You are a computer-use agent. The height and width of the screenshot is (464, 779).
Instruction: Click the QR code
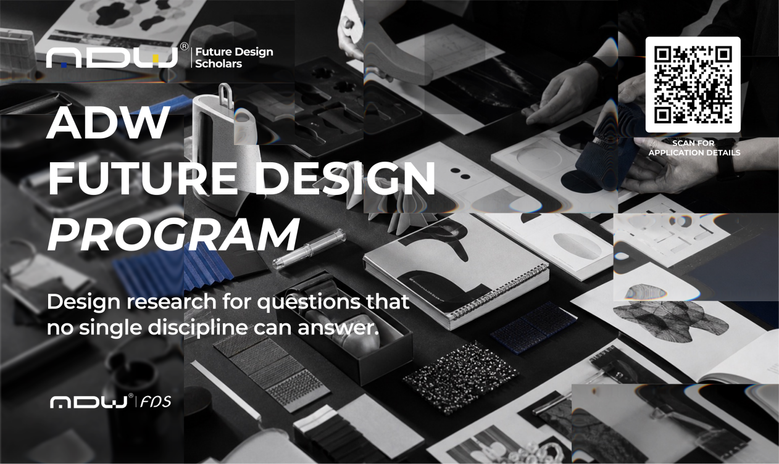point(693,85)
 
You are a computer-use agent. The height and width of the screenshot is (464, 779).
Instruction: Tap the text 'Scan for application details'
point(694,147)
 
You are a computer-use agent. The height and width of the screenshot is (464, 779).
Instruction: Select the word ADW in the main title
point(109,122)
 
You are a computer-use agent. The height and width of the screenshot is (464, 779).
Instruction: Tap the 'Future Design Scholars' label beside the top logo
point(234,58)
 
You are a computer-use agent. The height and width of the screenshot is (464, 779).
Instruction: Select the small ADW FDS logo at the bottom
point(110,402)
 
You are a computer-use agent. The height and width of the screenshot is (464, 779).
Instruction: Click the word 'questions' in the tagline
point(309,302)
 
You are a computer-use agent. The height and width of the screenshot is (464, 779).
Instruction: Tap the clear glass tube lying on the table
point(309,249)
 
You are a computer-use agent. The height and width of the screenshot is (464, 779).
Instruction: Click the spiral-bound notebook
point(456,271)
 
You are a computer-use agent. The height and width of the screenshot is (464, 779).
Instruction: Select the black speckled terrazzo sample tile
point(460,378)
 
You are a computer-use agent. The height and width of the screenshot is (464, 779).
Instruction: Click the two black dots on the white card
point(460,173)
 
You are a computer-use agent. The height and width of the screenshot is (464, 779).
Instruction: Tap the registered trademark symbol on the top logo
point(185,46)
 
